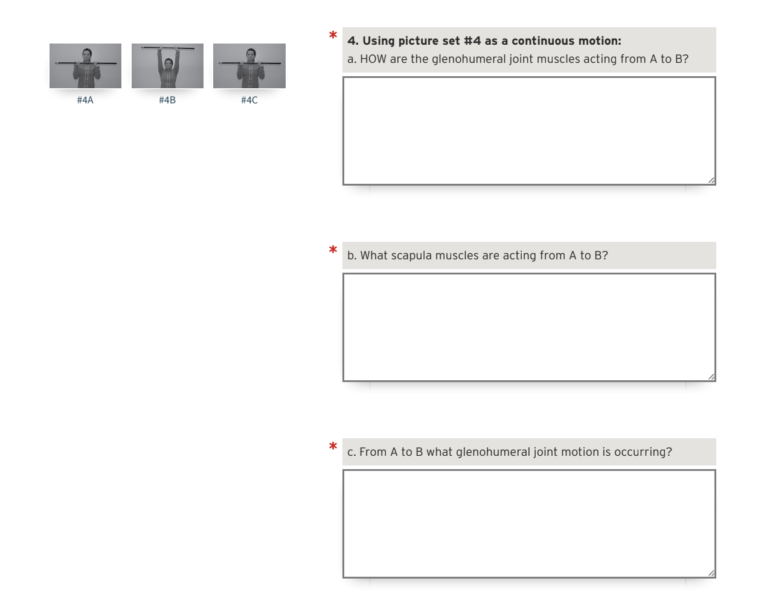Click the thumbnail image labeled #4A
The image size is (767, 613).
click(x=85, y=66)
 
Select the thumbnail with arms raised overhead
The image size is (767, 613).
click(x=167, y=66)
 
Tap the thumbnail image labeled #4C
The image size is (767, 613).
click(x=249, y=66)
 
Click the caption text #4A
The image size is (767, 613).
click(x=85, y=100)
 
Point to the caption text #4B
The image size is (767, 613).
click(x=167, y=100)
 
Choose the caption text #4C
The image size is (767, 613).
click(x=249, y=100)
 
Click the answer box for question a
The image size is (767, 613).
click(x=528, y=131)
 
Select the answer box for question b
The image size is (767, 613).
click(x=528, y=327)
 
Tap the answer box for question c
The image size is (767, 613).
click(x=528, y=524)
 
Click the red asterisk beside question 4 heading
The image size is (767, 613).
click(x=333, y=36)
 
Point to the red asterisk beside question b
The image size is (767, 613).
click(x=333, y=250)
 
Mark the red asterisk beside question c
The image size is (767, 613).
click(x=333, y=447)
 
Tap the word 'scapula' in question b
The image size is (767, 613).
click(x=412, y=256)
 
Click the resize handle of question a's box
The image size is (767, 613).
click(x=711, y=180)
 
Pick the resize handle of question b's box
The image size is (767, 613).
click(x=711, y=376)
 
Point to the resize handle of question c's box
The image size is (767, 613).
click(x=711, y=572)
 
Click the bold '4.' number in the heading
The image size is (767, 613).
click(x=353, y=41)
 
